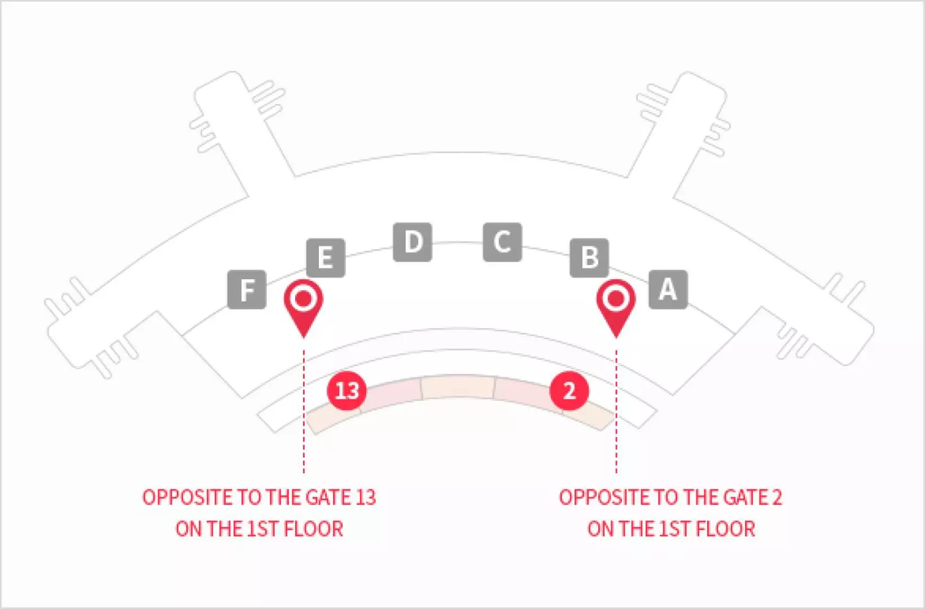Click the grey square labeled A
(x=668, y=289)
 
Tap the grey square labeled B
(x=589, y=258)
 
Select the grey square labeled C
(x=502, y=242)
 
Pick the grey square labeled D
(x=413, y=242)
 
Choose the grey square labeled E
(x=326, y=258)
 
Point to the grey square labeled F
(x=247, y=289)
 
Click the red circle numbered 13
(x=347, y=390)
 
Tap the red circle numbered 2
(x=569, y=390)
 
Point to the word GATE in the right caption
(x=743, y=497)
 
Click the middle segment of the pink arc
(x=458, y=387)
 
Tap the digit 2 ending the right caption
(x=777, y=497)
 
